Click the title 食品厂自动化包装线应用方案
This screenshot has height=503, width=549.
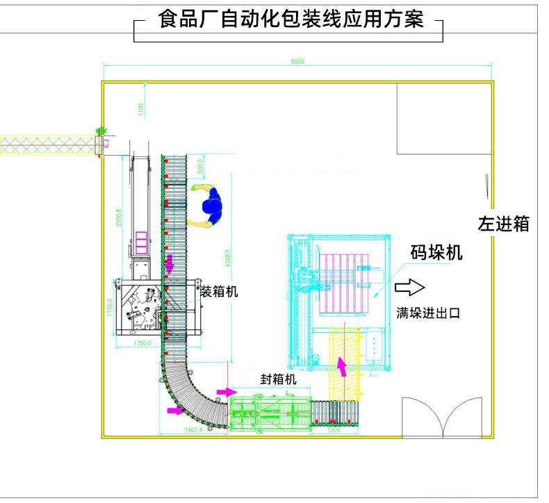pos(290,19)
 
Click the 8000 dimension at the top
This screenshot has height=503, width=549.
pos(297,62)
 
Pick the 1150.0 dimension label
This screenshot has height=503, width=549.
pos(109,306)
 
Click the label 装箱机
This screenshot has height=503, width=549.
pos(219,292)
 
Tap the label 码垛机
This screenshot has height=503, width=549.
pos(436,252)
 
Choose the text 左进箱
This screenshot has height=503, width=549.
pos(504,224)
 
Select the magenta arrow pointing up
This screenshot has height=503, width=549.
pos(341,365)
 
